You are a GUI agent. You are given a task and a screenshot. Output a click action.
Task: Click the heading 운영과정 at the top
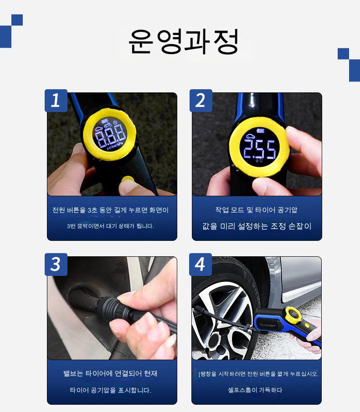184,41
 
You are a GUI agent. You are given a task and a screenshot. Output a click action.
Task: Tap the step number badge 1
56,100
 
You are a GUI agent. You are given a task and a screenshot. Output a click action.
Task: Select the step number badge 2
201,100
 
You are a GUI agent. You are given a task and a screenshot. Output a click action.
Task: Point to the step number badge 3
56,264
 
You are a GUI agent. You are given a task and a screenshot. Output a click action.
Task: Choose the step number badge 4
201,264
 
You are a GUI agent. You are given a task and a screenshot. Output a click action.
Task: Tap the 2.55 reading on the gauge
260,149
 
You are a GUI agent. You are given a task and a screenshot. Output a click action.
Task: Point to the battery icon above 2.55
261,131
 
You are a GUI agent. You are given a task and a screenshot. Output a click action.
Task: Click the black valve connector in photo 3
113,310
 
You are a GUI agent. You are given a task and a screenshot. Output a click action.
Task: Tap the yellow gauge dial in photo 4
293,314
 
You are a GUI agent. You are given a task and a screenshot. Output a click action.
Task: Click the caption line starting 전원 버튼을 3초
110,210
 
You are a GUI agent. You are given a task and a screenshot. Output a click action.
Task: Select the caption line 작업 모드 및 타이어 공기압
257,210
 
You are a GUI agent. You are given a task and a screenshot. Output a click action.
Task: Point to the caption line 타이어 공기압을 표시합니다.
111,390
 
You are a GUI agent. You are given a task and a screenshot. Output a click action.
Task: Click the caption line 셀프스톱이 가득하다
255,390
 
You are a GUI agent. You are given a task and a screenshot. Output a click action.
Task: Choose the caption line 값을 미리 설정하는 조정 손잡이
257,226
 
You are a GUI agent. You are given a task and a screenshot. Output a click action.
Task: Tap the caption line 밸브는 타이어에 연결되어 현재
110,373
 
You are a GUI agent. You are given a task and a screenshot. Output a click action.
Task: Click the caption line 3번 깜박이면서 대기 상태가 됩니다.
110,226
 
